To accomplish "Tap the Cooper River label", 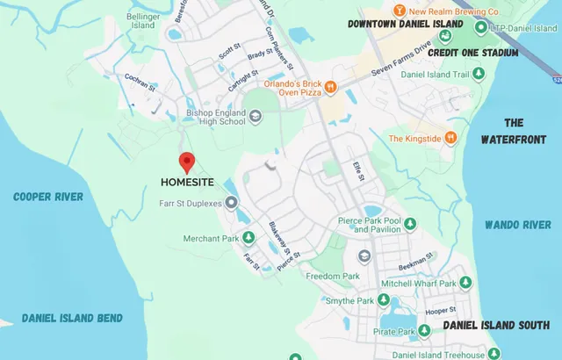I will click(x=47, y=197).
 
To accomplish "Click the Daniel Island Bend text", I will click(x=72, y=318).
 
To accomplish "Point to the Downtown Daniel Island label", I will click(x=405, y=24).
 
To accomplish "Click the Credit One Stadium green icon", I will click(x=446, y=37).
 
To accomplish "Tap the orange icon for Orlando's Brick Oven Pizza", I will click(x=330, y=86).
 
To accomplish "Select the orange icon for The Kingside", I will click(x=450, y=138).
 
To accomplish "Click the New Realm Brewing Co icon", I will click(x=400, y=11).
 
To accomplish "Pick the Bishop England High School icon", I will click(x=255, y=116).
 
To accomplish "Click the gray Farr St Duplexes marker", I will click(x=232, y=204).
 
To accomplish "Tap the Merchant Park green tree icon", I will click(x=249, y=238).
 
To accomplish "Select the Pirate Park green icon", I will click(x=423, y=331).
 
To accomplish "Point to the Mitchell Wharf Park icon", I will click(x=465, y=283).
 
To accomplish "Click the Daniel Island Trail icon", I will click(x=479, y=75).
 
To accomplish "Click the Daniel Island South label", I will click(x=495, y=325).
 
